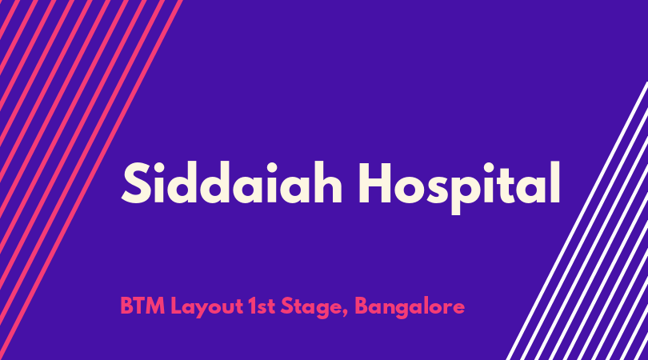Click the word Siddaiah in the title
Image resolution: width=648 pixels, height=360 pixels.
coord(232,182)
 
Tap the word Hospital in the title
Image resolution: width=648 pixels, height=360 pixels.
coord(459,187)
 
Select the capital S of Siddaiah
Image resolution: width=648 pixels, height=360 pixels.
coord(135,183)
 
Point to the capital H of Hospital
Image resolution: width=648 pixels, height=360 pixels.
coord(374,183)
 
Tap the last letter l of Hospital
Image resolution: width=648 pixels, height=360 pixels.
coord(556,182)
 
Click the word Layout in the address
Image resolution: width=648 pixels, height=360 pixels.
coord(207,308)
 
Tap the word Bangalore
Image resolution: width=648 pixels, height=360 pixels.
coord(410,308)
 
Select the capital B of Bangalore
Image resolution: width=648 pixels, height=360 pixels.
coord(362,306)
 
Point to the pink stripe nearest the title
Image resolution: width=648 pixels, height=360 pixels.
coord(91,180)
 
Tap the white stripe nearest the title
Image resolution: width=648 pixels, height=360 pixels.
coord(577,221)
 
